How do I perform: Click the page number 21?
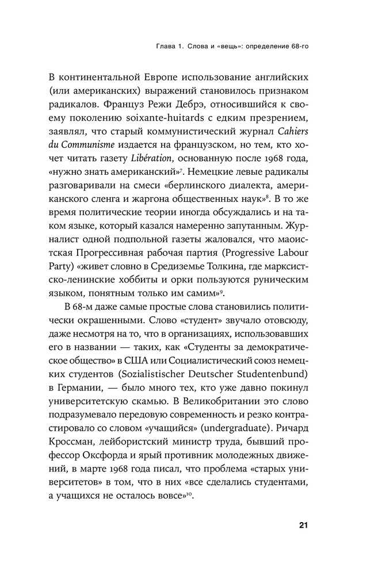click(304, 525)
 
